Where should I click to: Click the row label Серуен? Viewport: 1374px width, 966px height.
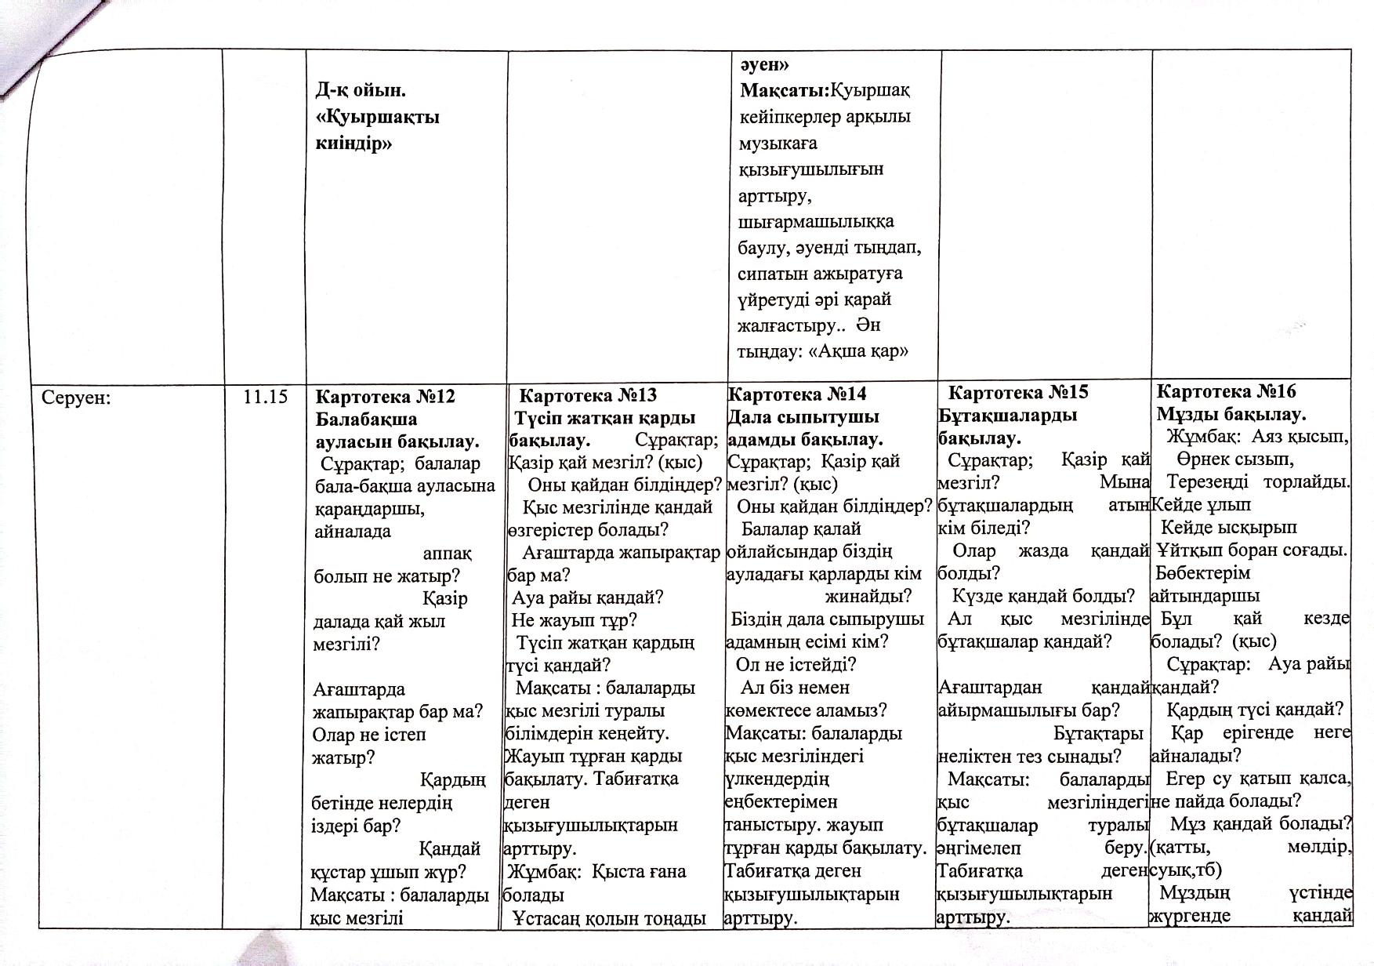tap(76, 397)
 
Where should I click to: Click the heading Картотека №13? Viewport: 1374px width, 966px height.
tap(588, 394)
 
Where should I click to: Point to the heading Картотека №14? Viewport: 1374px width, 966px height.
tap(797, 394)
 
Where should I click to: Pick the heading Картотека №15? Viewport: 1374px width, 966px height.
tap(1018, 392)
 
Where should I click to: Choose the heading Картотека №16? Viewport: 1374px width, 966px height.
tap(1227, 391)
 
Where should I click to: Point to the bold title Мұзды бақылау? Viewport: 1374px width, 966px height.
tap(1231, 414)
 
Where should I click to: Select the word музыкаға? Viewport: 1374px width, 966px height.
tap(778, 143)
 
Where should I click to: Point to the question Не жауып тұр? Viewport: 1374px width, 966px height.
tap(574, 620)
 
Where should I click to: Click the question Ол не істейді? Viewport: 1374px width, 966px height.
tap(796, 665)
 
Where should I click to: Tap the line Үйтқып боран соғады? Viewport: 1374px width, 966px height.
tap(1252, 550)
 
